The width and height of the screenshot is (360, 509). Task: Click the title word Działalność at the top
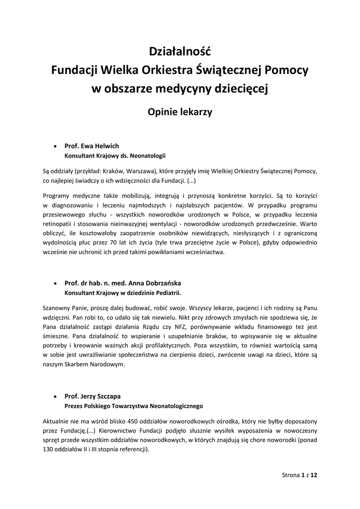[x=180, y=51]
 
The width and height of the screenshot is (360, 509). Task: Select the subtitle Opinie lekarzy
[x=180, y=112]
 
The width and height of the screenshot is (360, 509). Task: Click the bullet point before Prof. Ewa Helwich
[x=55, y=147]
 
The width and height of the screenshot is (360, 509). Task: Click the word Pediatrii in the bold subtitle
[x=167, y=292]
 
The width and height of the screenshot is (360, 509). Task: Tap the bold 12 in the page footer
[x=314, y=475]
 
